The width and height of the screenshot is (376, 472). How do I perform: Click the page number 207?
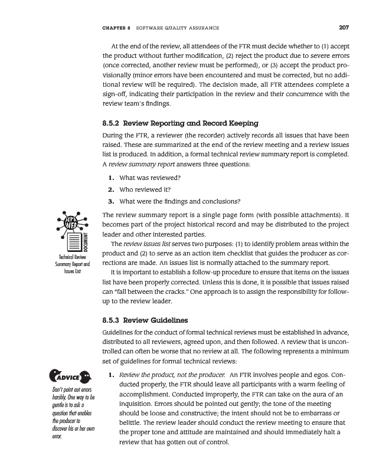point(344,27)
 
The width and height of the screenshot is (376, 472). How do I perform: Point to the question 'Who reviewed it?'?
point(145,189)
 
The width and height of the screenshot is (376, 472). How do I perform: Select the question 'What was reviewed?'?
point(149,178)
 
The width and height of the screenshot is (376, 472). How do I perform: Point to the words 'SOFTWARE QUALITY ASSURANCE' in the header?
point(178,28)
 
